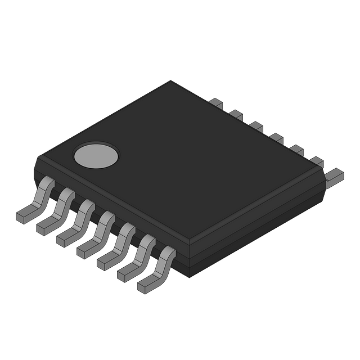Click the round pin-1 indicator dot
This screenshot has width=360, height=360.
click(97, 155)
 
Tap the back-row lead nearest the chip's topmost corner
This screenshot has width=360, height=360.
click(217, 103)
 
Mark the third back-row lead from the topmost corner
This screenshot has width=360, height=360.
click(256, 126)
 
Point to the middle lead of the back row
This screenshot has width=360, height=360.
click(276, 138)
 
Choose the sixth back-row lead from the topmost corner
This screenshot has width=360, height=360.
click(317, 161)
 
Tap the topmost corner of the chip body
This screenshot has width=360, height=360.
click(172, 81)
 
